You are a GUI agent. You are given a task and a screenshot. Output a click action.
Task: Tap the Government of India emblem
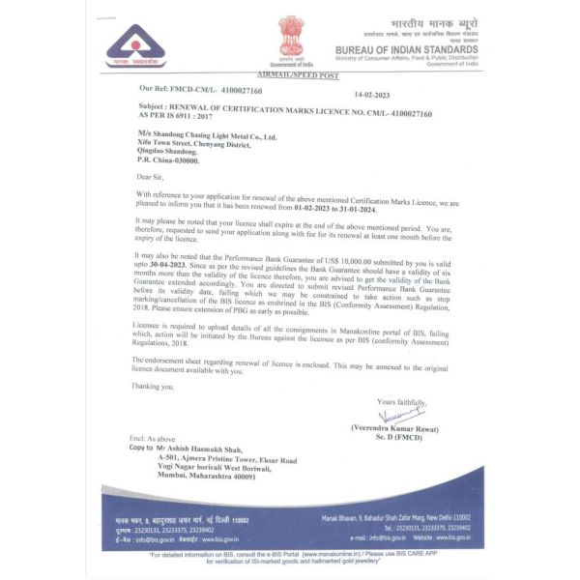pyautogui.click(x=290, y=34)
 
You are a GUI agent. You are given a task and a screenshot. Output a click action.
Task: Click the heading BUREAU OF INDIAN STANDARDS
pyautogui.click(x=406, y=50)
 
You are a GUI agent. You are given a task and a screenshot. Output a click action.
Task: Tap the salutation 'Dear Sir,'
pyautogui.click(x=153, y=177)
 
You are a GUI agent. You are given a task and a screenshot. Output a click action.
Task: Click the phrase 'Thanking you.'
pyautogui.click(x=155, y=387)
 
